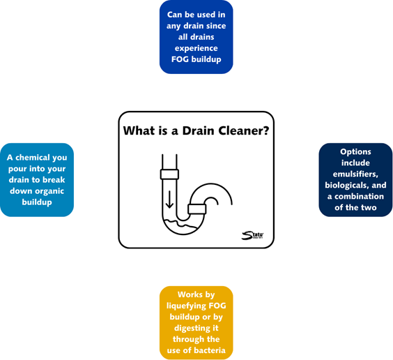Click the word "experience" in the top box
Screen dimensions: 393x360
pos(196,48)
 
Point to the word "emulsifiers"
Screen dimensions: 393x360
pos(355,174)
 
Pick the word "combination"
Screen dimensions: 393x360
pos(359,197)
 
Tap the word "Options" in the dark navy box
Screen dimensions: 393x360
pos(355,152)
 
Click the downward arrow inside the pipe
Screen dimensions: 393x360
pos(170,200)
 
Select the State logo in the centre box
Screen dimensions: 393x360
pos(252,235)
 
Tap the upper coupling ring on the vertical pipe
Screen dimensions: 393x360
pos(169,174)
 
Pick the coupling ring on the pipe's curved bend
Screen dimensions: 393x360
pos(197,209)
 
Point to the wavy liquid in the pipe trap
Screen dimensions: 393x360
pos(180,224)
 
